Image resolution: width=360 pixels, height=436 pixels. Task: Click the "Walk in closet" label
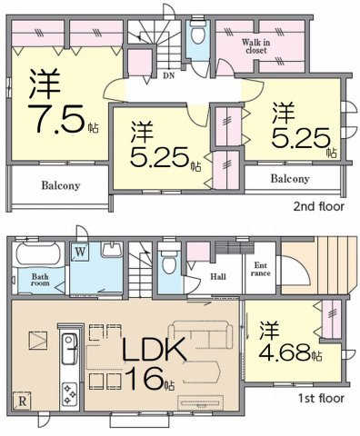(256, 46)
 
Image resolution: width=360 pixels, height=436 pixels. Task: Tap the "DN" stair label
(169, 75)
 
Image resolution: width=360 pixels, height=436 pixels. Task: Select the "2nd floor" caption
(318, 206)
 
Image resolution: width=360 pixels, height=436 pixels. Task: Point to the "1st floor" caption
(322, 399)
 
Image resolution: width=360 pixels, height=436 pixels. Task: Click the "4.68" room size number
(285, 352)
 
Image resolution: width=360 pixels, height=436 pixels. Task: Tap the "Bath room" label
(40, 280)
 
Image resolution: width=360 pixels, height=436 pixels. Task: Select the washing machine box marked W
(79, 252)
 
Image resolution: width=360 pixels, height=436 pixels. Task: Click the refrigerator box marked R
(22, 401)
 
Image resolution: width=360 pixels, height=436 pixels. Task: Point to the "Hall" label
(218, 276)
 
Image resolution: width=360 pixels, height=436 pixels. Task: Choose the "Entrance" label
(261, 269)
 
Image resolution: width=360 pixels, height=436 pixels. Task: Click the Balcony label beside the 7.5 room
(61, 185)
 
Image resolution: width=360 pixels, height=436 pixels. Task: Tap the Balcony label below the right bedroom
(290, 179)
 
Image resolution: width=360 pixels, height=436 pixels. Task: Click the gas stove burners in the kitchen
(70, 393)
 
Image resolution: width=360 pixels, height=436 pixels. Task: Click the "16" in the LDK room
(143, 379)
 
